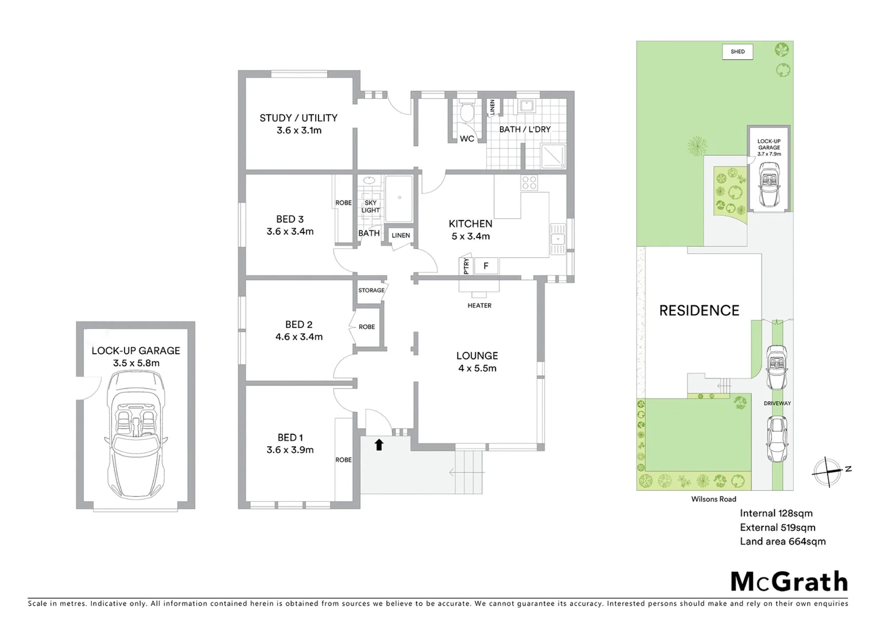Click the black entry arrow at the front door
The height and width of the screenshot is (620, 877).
point(379,444)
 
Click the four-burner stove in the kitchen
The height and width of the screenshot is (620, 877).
point(529,183)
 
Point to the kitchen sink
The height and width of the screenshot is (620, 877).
point(557,239)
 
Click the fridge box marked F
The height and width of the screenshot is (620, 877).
point(486,266)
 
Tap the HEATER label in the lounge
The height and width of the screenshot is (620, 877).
point(479,305)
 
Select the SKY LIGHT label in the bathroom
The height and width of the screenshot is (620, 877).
point(370,207)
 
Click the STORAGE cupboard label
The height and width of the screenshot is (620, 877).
point(371,290)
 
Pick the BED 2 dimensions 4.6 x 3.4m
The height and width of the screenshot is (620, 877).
point(298,337)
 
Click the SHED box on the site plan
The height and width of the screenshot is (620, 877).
point(738,52)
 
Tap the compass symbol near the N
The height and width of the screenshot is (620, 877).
point(828,471)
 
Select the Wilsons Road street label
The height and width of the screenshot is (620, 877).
point(713,499)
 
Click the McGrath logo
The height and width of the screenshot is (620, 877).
point(789,582)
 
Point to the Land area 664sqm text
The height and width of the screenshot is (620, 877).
point(782,541)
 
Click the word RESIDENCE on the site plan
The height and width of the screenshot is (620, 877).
point(699,311)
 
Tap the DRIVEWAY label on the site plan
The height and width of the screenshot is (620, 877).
point(777,404)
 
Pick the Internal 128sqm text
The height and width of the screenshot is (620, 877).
point(776,513)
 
